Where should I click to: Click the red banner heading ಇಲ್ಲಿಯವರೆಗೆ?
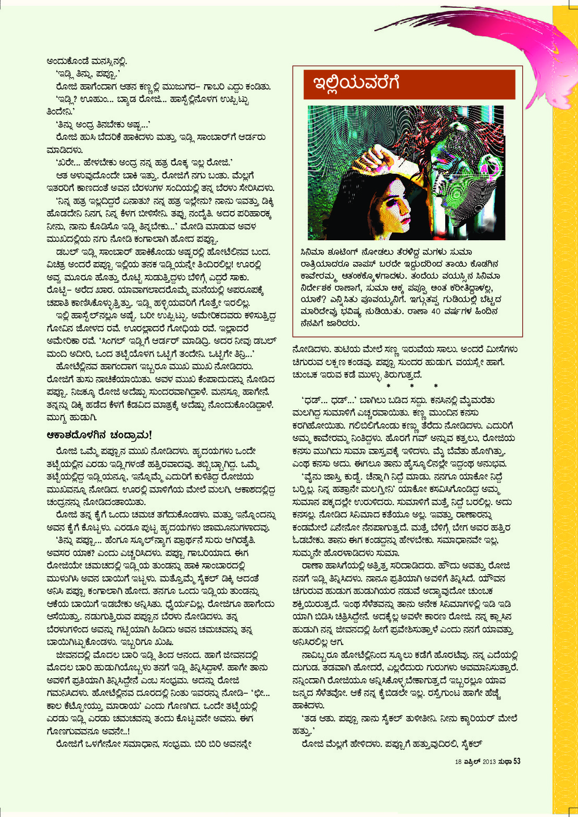click(x=356, y=83)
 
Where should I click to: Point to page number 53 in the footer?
click(x=517, y=761)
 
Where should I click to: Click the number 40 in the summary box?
click(x=436, y=312)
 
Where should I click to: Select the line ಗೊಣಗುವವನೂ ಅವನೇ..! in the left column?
click(x=88, y=731)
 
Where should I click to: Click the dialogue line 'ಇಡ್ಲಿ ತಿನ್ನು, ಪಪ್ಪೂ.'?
click(x=88, y=74)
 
